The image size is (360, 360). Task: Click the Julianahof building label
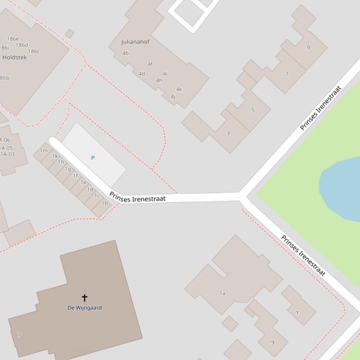click(135, 42)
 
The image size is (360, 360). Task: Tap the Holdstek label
click(15, 58)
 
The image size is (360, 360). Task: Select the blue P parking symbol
click(93, 158)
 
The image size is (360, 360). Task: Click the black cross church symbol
click(85, 297)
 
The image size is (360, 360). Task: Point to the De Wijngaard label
click(85, 308)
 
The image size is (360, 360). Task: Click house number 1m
click(44, 151)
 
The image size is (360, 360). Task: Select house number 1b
click(104, 203)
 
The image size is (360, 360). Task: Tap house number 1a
click(222, 293)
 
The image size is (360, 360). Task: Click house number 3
click(228, 133)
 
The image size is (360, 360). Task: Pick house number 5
click(253, 110)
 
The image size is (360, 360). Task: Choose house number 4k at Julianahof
click(179, 89)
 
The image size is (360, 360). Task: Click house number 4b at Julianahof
click(125, 53)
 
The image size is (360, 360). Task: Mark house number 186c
click(34, 51)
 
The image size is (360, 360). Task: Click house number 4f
click(150, 64)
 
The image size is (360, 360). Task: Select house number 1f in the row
click(75, 176)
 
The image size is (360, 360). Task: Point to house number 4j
click(173, 97)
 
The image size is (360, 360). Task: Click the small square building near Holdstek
click(69, 34)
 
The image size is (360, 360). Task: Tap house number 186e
click(13, 39)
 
